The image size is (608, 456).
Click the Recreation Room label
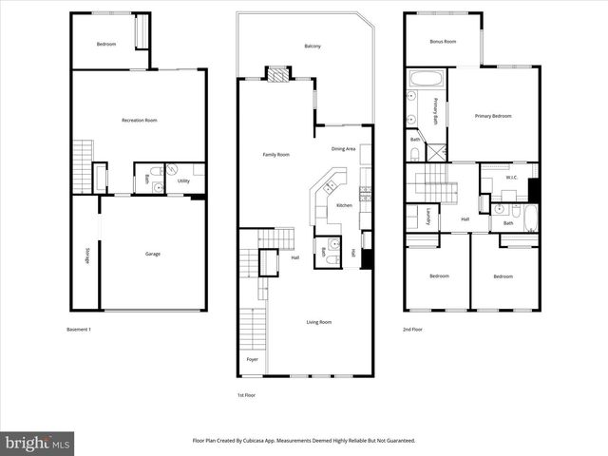[139, 120]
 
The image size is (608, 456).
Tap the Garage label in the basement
[152, 254]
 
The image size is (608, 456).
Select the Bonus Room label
[443, 42]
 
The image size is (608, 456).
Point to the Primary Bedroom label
[493, 116]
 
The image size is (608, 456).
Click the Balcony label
[313, 47]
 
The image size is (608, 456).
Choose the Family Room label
[275, 154]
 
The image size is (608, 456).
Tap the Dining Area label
[343, 149]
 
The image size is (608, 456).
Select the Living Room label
[318, 322]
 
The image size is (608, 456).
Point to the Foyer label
[252, 359]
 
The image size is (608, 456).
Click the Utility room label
[183, 180]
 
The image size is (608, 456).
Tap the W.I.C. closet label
[510, 177]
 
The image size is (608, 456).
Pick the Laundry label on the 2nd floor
[428, 216]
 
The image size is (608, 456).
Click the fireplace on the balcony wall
[277, 73]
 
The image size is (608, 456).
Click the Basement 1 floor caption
[79, 330]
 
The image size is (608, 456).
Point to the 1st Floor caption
[247, 394]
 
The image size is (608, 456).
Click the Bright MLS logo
[37, 443]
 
